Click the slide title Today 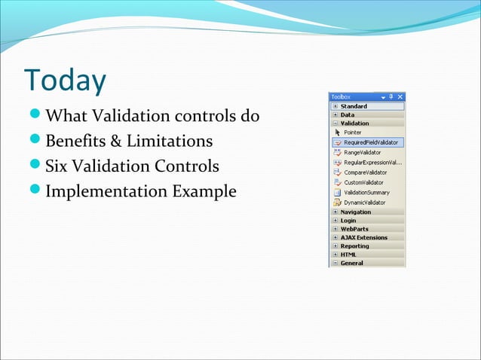(65, 81)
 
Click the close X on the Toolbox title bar (400, 97)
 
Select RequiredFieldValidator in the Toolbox (371, 142)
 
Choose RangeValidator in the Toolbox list (362, 152)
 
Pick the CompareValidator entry (365, 172)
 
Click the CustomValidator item (363, 182)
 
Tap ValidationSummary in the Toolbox (367, 193)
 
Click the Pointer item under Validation (352, 132)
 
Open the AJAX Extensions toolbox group (363, 237)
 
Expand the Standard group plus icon (335, 106)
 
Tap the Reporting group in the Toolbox (354, 246)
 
